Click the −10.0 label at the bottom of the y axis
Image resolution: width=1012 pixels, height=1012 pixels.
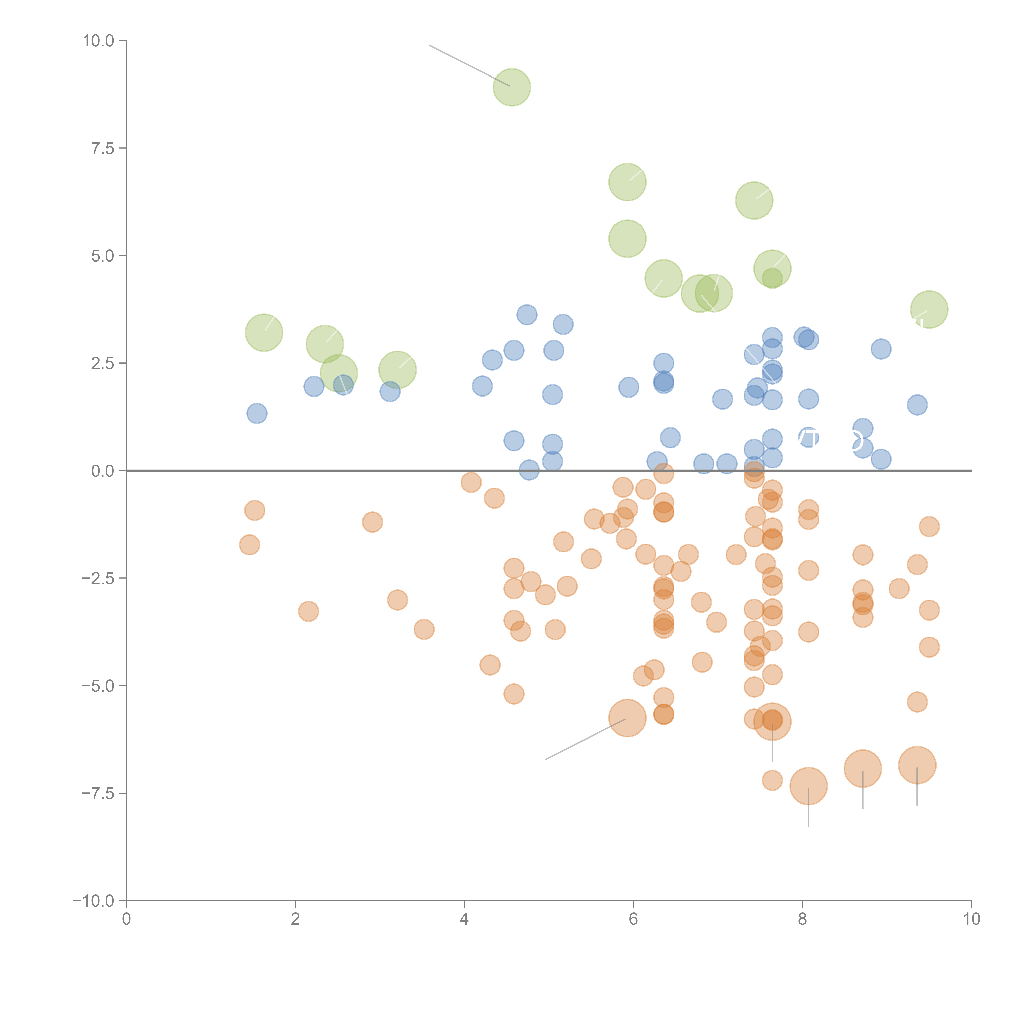click(93, 901)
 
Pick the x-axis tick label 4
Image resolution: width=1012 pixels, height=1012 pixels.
click(464, 919)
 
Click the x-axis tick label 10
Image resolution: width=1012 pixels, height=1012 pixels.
click(971, 919)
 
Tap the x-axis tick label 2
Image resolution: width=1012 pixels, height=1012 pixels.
click(296, 919)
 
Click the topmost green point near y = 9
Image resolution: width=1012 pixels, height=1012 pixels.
click(512, 87)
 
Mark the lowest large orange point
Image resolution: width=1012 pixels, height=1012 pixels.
click(808, 786)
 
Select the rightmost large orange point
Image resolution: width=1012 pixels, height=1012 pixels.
click(917, 765)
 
